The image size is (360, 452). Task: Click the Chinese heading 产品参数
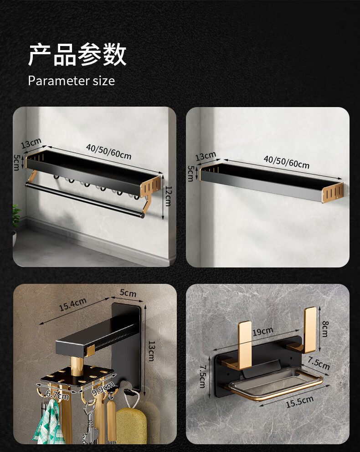click(77, 55)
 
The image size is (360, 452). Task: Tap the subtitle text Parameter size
click(71, 81)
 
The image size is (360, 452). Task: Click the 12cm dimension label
click(168, 196)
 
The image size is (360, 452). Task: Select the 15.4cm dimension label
click(72, 305)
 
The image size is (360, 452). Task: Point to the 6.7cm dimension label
click(57, 395)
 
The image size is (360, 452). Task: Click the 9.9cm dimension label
click(103, 388)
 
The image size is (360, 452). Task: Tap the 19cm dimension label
click(262, 332)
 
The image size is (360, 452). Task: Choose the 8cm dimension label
click(325, 329)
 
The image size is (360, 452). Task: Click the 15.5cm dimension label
click(300, 402)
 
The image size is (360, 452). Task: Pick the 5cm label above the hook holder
click(128, 293)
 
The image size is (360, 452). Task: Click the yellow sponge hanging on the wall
click(131, 426)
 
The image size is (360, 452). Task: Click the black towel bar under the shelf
click(85, 200)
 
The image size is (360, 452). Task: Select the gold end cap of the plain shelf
click(333, 193)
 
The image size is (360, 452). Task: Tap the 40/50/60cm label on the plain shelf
click(287, 162)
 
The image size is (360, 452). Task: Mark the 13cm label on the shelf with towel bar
click(31, 143)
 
